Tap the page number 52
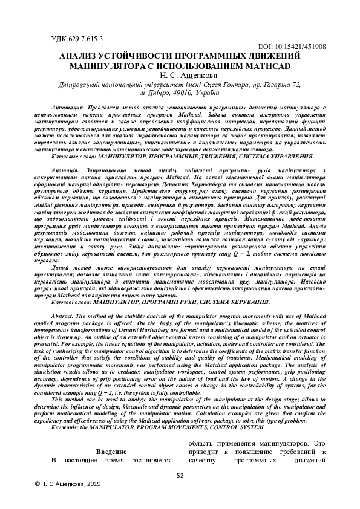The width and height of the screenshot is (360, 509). pos(180,476)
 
